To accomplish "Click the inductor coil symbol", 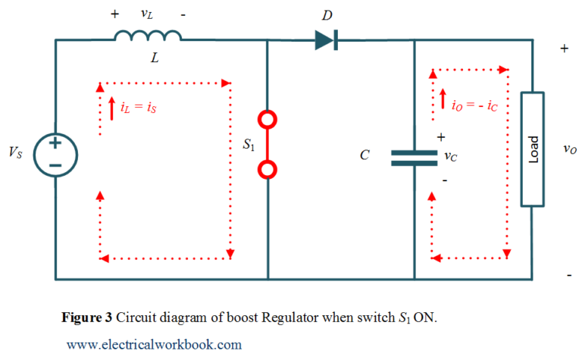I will pos(148,35).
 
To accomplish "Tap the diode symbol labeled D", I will pos(326,40).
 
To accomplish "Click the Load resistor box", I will pos(532,149).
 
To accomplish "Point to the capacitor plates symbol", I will pos(414,157).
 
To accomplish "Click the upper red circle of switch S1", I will pos(268,119).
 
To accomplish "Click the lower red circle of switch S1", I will pos(268,168).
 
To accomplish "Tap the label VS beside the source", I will pos(16,153).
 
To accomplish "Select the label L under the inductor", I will pos(154,58).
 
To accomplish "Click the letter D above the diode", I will pos(327,14).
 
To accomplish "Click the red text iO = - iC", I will pos(474,106).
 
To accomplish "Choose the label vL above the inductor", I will pos(148,14).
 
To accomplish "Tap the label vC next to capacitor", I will pos(450,157).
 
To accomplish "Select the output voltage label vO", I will pos(570,149).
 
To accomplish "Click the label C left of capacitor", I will pos(365,155).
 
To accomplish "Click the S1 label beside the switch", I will pos(248,145).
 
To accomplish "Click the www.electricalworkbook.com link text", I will pos(155,344).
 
